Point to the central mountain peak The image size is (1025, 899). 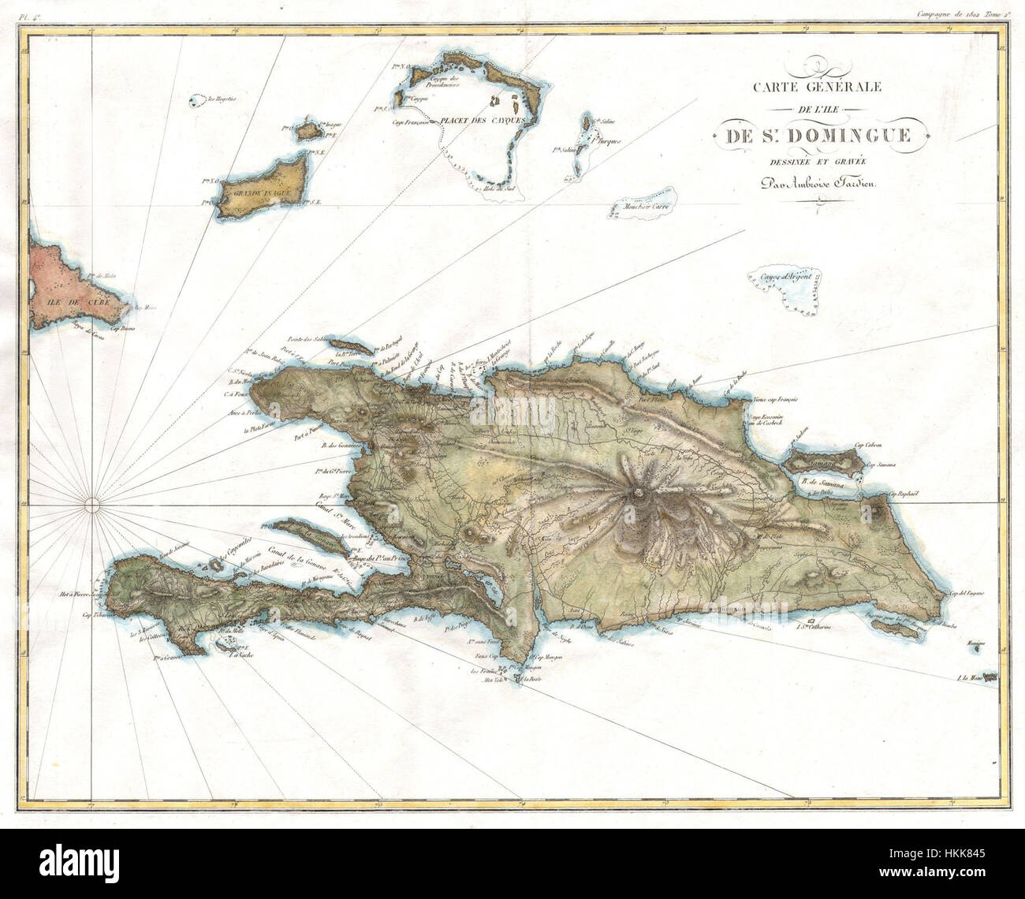click(639, 494)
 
